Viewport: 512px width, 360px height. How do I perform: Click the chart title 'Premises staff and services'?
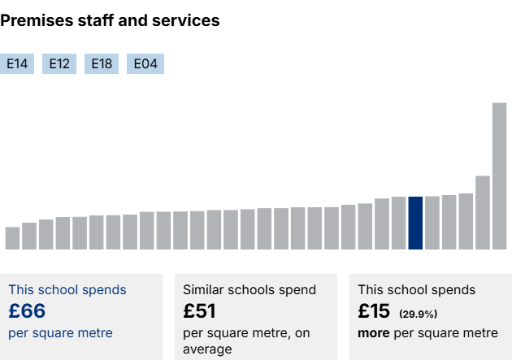(x=110, y=21)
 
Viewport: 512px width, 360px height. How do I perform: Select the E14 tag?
(x=17, y=64)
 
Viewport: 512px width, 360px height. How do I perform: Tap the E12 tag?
(x=59, y=64)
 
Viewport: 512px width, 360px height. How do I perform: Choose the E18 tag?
(x=102, y=64)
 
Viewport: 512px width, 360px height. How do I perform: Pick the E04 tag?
(x=145, y=64)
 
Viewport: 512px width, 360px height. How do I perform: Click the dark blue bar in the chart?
(x=415, y=223)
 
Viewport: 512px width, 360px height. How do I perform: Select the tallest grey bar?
(x=499, y=176)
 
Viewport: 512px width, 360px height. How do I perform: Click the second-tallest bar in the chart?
(x=482, y=212)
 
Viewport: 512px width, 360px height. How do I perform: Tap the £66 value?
(x=27, y=311)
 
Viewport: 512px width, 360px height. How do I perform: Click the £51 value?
(x=199, y=311)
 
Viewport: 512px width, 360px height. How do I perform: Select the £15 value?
(x=375, y=311)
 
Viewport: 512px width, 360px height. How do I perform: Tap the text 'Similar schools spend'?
(x=249, y=289)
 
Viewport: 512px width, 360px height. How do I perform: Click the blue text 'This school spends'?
(x=67, y=289)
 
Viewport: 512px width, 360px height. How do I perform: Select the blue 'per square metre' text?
(x=60, y=333)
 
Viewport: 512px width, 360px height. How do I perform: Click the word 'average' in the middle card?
(x=207, y=349)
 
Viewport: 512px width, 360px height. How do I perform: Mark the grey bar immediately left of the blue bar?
(x=398, y=223)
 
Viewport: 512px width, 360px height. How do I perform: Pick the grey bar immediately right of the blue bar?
(x=432, y=223)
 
